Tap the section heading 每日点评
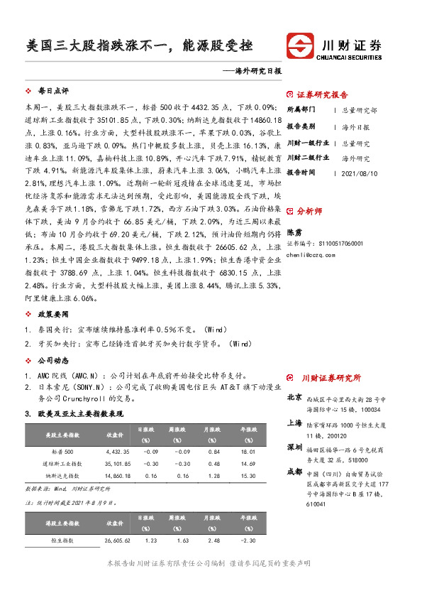[x=52, y=92]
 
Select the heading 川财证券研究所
[x=331, y=378]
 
